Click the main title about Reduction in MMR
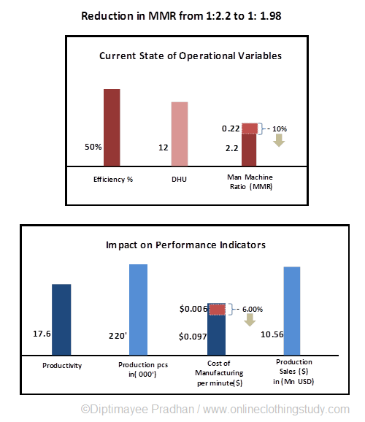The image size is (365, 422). coord(181,15)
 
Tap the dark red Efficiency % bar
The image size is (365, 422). coord(112,128)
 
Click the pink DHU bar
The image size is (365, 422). coord(180,134)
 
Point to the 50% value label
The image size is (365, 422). coord(93,146)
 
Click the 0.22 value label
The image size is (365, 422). coord(230,128)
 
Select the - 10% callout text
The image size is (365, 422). coord(276,129)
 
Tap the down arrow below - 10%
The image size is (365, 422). coord(278,141)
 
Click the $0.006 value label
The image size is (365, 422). coord(193,310)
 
